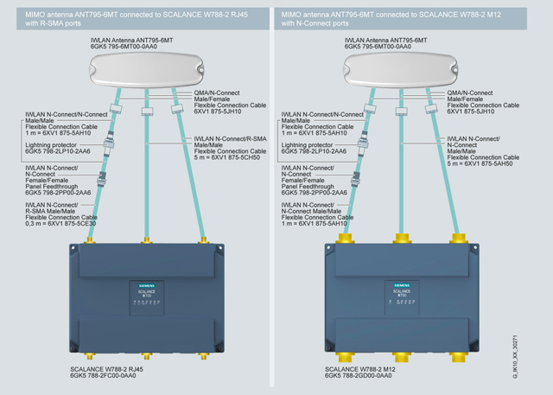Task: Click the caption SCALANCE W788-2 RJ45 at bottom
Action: [x=105, y=368]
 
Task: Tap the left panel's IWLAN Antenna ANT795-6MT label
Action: [x=143, y=41]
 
